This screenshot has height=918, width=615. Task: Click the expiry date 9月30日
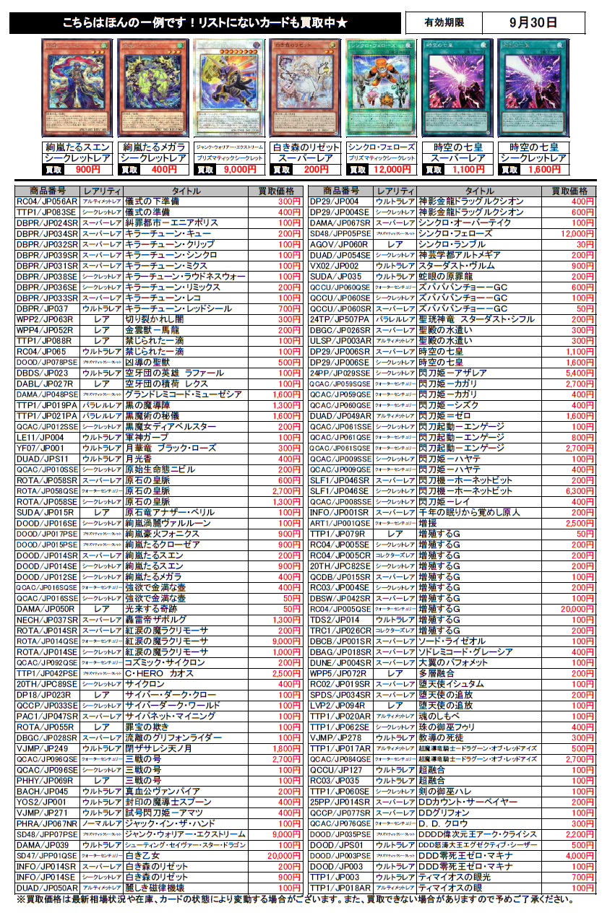[x=533, y=22]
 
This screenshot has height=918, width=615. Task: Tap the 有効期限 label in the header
[x=444, y=22]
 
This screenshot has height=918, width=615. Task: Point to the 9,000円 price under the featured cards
[x=240, y=170]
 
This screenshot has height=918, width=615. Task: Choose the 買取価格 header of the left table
[x=277, y=191]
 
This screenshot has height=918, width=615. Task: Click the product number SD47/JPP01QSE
[x=48, y=856]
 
